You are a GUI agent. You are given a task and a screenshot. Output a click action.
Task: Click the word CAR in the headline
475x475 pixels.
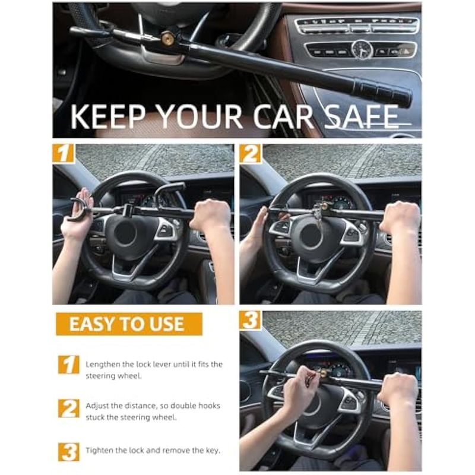pos(283,116)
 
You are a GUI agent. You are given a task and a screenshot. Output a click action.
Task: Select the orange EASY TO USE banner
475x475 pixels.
pos(129,324)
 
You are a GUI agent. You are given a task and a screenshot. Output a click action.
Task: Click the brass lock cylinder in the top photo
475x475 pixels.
pos(167,39)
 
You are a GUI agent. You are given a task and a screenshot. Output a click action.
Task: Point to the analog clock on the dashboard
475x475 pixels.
pos(362,49)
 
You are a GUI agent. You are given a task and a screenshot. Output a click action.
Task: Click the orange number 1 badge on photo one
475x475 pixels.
pos(64,153)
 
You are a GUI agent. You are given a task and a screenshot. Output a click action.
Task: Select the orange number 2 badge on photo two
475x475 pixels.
pos(250,154)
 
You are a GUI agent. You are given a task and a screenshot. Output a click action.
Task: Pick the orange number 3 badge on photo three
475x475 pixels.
pos(250,320)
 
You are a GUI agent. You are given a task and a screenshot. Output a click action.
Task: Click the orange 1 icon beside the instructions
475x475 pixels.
pos(69,365)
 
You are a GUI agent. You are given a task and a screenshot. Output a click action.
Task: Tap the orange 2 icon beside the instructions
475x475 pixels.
pos(69,408)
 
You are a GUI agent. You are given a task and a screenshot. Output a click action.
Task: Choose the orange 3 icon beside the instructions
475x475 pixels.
pos(69,452)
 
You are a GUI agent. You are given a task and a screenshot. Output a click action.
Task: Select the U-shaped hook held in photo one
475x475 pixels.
pos(79,210)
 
